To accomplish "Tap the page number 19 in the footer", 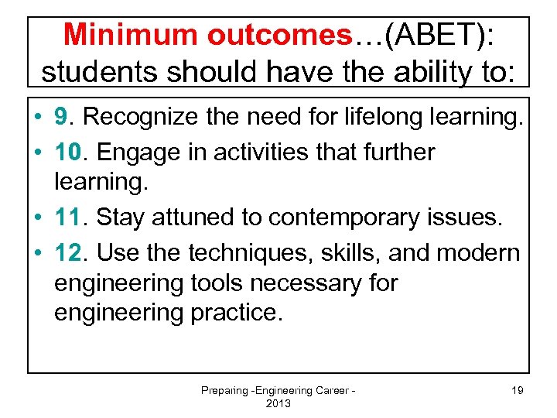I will [x=517, y=390].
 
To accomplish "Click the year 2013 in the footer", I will [x=278, y=403].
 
